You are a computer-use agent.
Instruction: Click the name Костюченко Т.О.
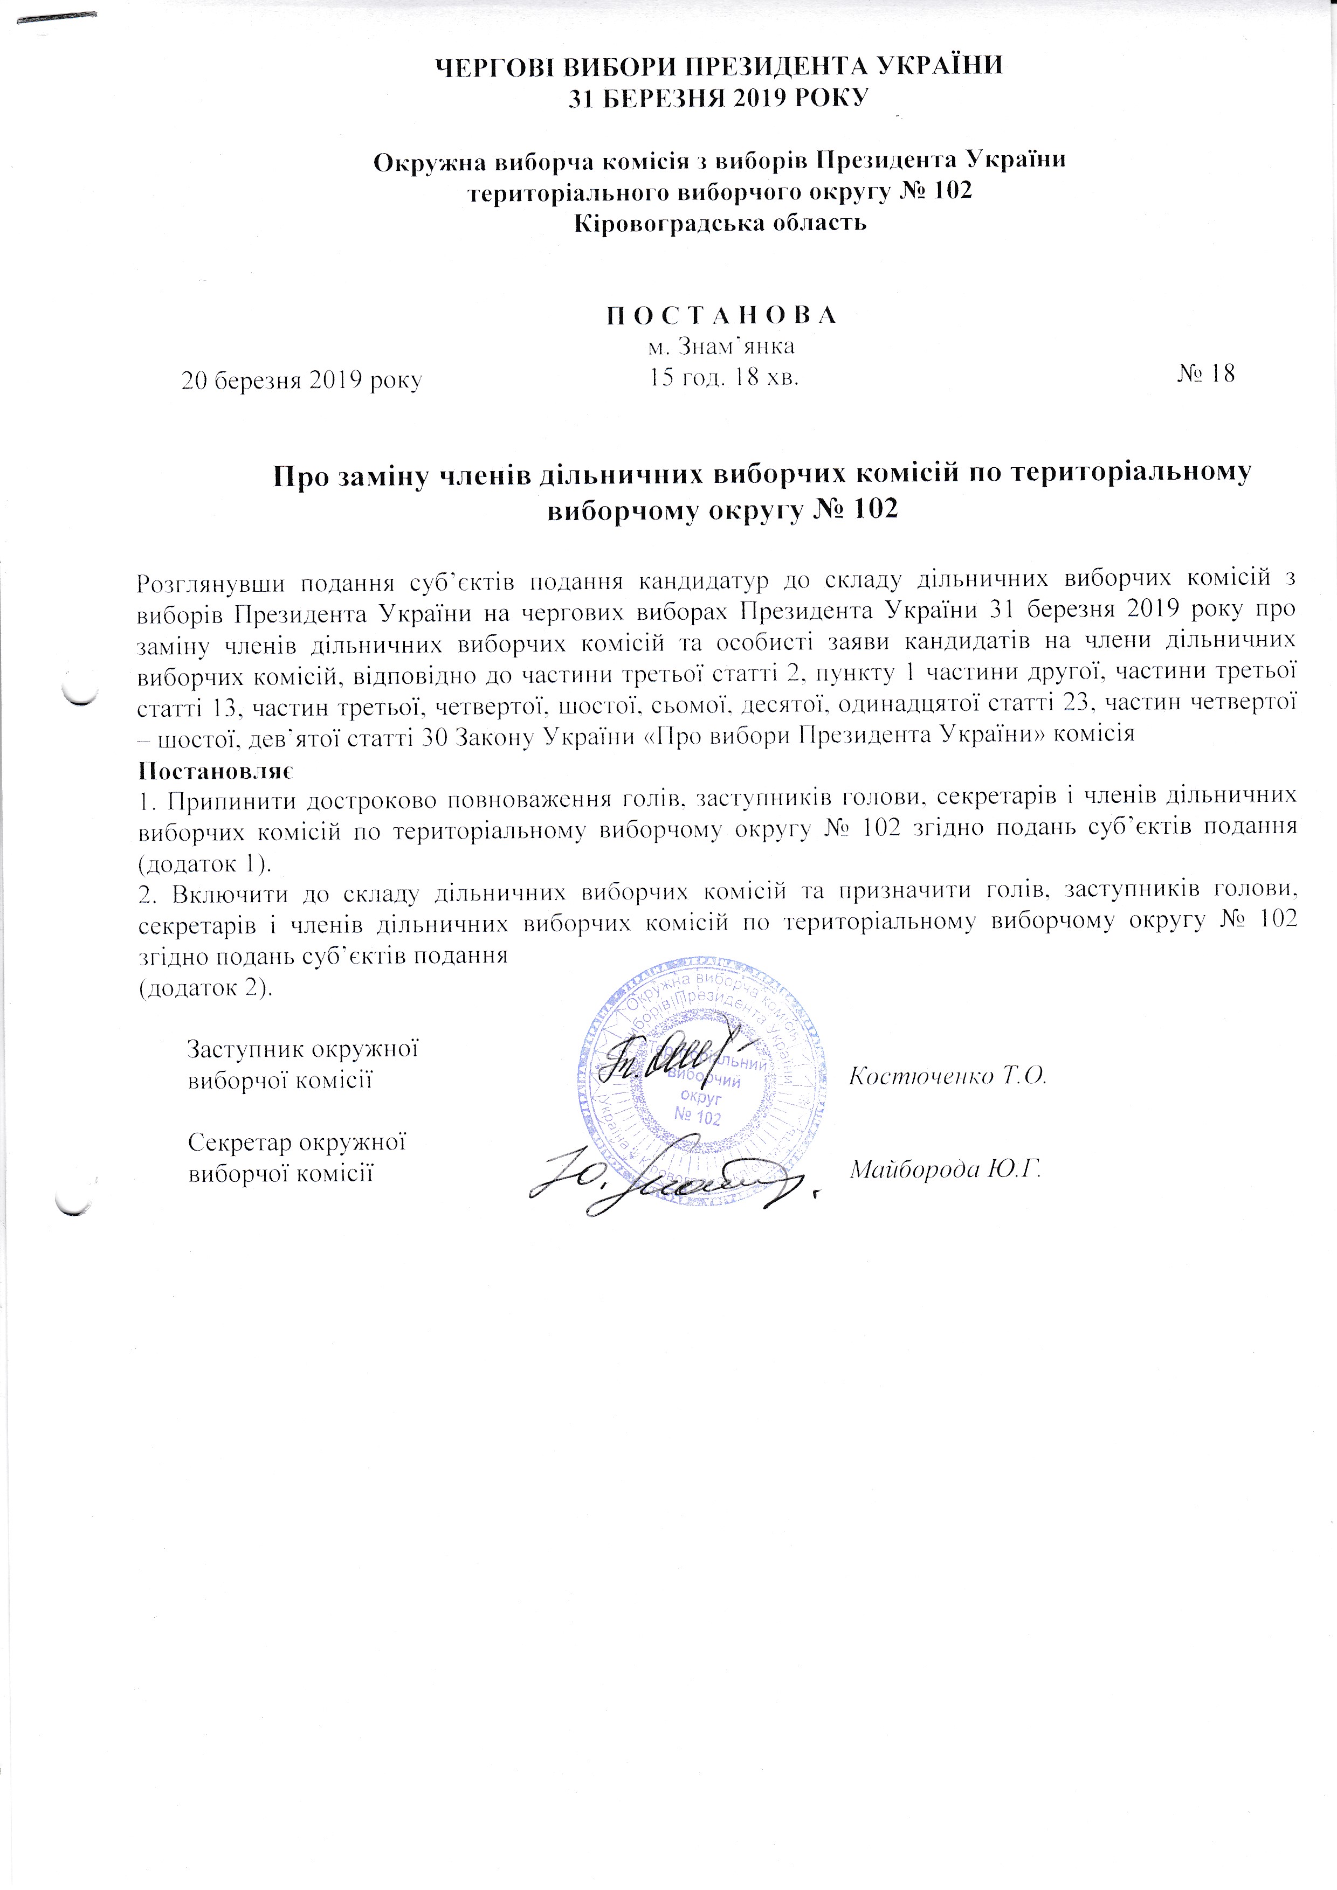coord(947,1076)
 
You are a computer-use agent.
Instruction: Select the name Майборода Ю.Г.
coord(945,1169)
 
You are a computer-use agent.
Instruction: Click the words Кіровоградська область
coord(720,223)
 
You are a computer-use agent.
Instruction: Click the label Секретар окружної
coord(299,1143)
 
